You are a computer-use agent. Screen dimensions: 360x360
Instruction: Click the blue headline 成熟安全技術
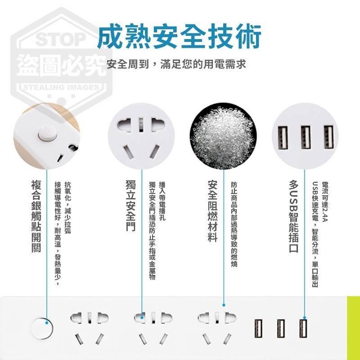tap(180, 36)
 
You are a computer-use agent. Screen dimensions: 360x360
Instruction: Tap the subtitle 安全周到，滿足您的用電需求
tap(176, 64)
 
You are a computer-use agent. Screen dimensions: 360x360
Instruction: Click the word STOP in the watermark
tap(61, 39)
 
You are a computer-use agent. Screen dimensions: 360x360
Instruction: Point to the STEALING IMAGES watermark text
tap(61, 87)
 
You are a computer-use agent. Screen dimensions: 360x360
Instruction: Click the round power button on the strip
tap(42, 328)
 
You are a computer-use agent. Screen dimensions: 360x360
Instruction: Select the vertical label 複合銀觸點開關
tap(36, 216)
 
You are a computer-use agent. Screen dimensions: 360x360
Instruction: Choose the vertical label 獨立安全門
tap(131, 205)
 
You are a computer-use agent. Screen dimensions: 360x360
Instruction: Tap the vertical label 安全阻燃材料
tap(212, 211)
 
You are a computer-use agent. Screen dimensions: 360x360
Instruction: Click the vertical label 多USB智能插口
tap(294, 216)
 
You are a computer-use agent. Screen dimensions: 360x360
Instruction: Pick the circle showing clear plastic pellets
tap(223, 136)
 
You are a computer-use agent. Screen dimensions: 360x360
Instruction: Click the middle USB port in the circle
tap(306, 137)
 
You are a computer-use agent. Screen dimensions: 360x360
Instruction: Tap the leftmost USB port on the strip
tap(258, 328)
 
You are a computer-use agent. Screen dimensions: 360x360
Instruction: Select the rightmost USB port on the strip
tap(303, 328)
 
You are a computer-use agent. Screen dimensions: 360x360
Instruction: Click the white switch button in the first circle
tap(48, 133)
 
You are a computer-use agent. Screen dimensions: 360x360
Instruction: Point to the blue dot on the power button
tap(47, 323)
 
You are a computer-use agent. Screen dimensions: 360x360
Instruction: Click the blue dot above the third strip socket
tap(224, 305)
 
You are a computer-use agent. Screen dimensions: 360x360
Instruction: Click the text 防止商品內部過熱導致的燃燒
tap(234, 224)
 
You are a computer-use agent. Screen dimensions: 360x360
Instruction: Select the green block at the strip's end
tap(353, 328)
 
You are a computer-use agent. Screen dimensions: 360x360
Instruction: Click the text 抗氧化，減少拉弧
tap(68, 207)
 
